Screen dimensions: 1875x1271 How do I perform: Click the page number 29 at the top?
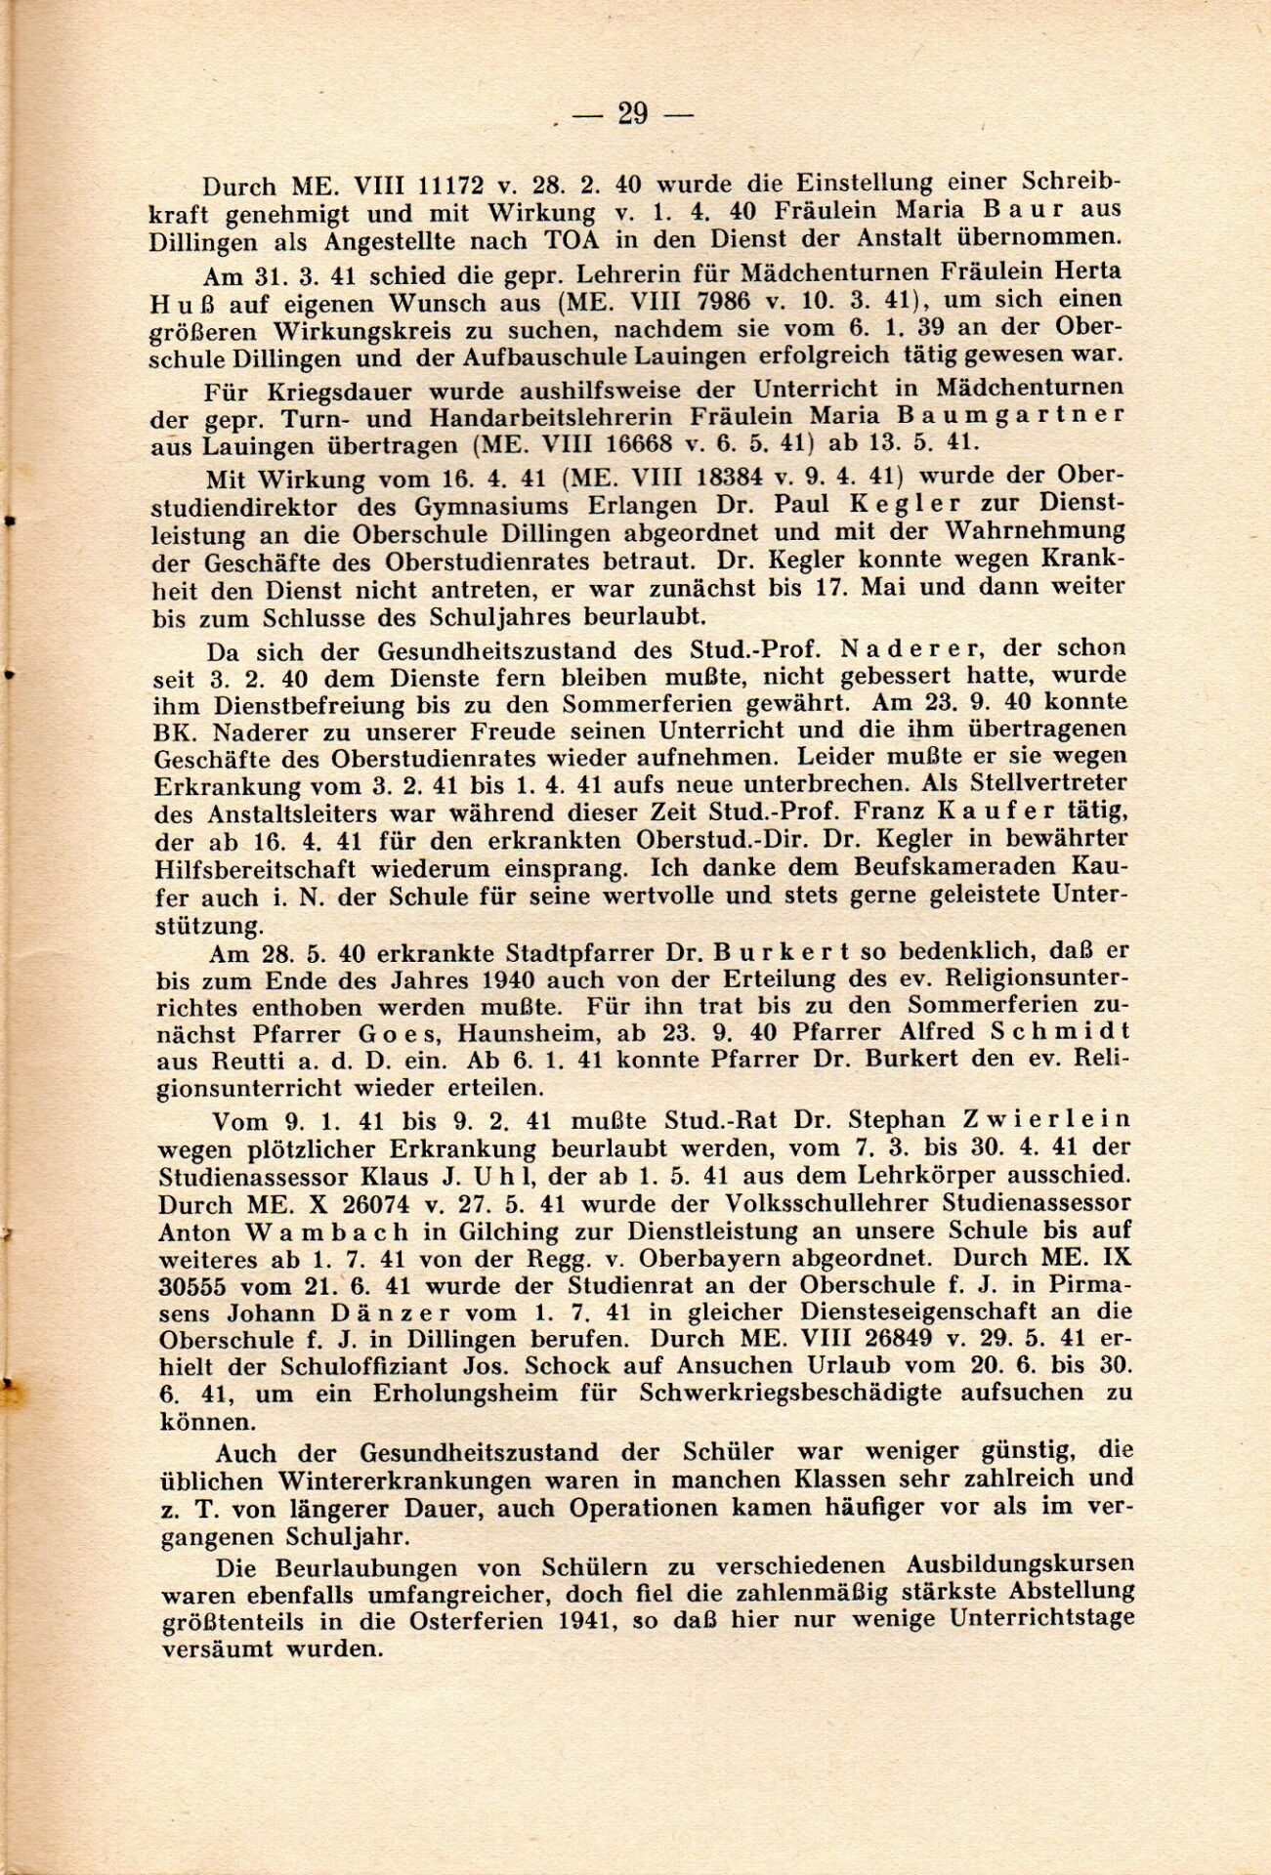pyautogui.click(x=632, y=114)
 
